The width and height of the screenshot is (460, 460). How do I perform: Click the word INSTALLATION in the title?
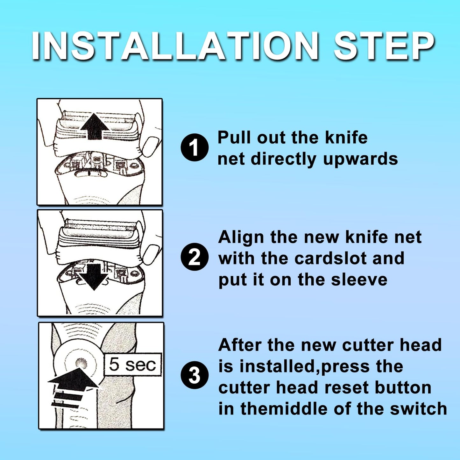point(174,46)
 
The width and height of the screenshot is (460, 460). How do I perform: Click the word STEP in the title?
point(383,46)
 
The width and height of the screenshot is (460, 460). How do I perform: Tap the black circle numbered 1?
point(195,147)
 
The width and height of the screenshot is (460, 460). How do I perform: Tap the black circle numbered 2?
point(195,259)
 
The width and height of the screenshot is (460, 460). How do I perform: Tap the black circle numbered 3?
point(195,376)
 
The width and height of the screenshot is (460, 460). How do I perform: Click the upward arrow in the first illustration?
point(95,126)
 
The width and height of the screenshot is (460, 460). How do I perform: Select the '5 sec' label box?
point(133,365)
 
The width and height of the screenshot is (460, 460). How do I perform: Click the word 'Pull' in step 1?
point(235,138)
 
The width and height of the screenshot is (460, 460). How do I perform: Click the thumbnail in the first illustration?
point(151,146)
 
